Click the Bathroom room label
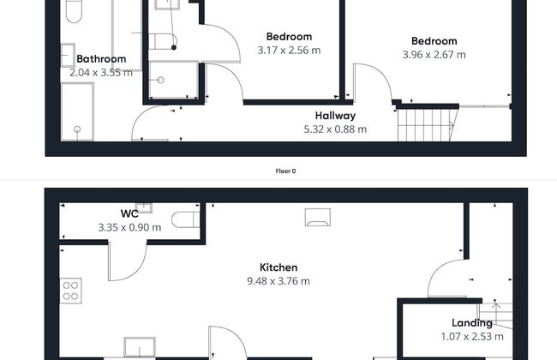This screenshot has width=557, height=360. click(101, 58)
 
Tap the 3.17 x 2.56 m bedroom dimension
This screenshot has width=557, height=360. click(289, 51)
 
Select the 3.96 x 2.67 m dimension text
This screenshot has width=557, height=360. click(434, 55)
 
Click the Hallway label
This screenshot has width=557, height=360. click(335, 116)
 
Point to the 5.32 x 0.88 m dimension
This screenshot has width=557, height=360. click(335, 129)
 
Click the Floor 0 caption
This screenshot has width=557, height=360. click(285, 171)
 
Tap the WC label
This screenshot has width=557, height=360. click(129, 214)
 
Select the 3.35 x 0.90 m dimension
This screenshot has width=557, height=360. click(129, 227)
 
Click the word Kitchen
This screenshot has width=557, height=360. click(278, 267)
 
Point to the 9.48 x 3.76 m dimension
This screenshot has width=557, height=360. click(278, 281)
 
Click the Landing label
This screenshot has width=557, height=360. click(472, 323)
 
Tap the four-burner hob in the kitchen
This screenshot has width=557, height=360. click(70, 291)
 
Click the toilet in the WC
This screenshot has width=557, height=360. click(185, 219)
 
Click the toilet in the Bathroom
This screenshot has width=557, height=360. click(74, 10)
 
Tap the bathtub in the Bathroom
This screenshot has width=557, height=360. click(77, 112)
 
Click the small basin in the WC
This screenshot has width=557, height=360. click(144, 207)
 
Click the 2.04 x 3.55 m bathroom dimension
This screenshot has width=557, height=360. click(101, 73)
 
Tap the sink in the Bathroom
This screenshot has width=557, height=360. click(68, 55)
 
